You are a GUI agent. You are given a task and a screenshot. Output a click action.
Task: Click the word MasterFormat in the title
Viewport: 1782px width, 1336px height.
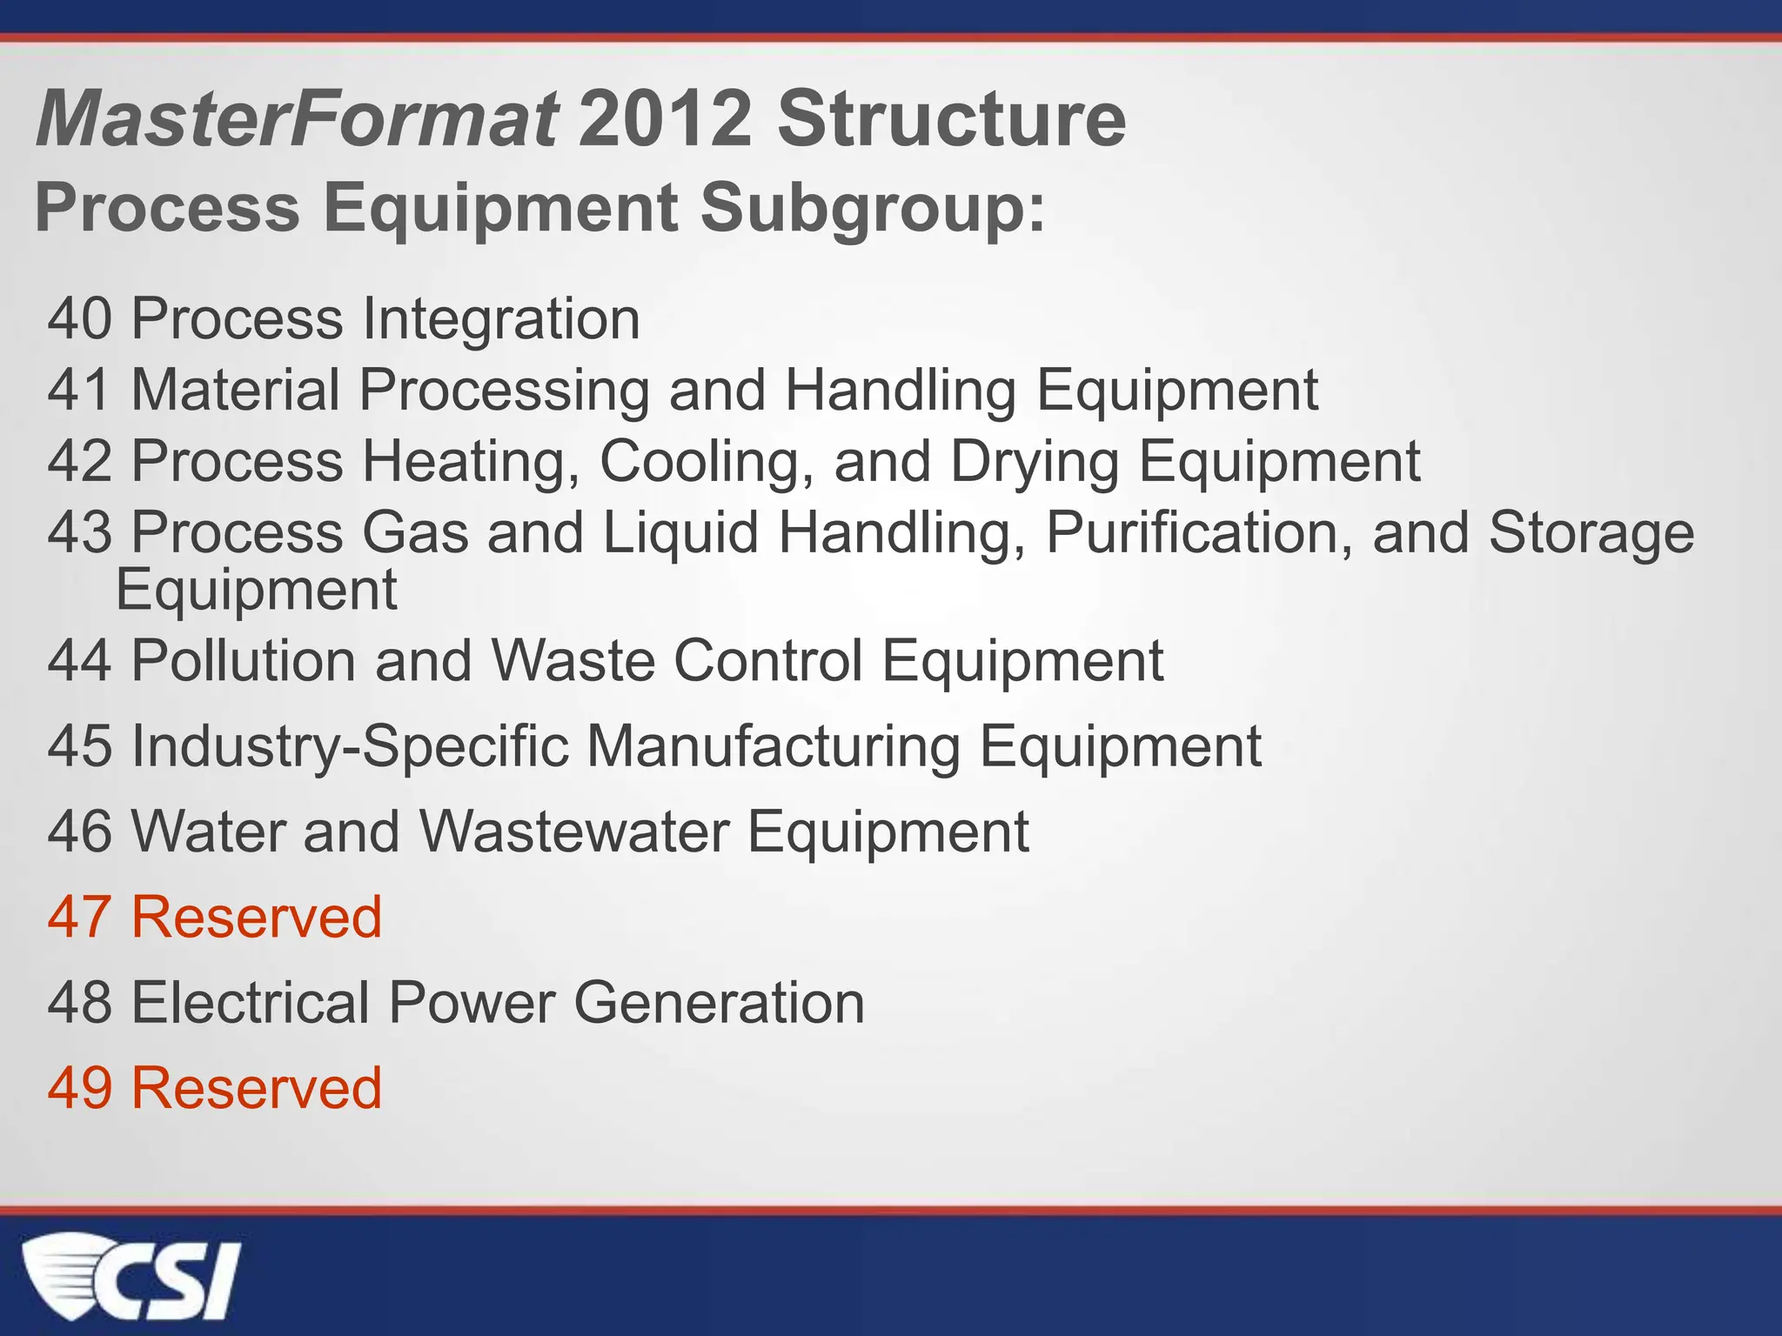click(x=297, y=119)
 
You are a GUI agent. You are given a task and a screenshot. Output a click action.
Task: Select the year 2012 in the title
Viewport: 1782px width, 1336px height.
click(x=665, y=119)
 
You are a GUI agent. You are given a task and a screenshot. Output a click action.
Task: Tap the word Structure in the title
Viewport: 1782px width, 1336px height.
click(x=951, y=119)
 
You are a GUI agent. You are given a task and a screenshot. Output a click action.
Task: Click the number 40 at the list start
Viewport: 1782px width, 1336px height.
click(x=79, y=319)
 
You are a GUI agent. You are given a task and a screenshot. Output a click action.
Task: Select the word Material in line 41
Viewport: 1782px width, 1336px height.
click(x=235, y=390)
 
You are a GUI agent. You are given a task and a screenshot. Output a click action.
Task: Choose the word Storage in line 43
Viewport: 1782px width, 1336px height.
click(x=1591, y=532)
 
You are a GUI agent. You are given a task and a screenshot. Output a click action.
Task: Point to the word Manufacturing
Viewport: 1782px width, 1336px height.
click(x=774, y=746)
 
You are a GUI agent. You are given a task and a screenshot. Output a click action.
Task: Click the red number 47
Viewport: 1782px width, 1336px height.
click(x=79, y=917)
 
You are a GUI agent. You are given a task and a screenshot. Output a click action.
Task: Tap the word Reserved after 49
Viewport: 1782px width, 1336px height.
click(x=257, y=1087)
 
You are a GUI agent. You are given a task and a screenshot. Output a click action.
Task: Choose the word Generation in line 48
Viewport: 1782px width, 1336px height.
click(x=719, y=1002)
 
